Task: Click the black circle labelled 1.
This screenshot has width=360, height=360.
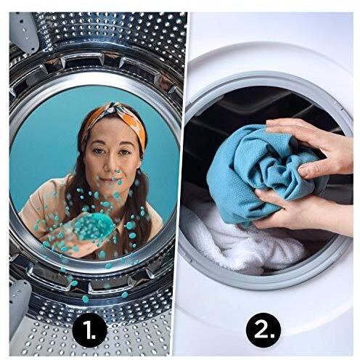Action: (90, 330)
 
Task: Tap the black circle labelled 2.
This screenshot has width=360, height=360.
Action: (263, 330)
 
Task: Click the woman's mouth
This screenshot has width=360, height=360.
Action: (110, 180)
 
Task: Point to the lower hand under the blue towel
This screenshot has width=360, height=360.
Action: (303, 213)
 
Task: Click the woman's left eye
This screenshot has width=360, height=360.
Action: (125, 152)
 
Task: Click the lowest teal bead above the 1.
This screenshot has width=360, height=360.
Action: (85, 299)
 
